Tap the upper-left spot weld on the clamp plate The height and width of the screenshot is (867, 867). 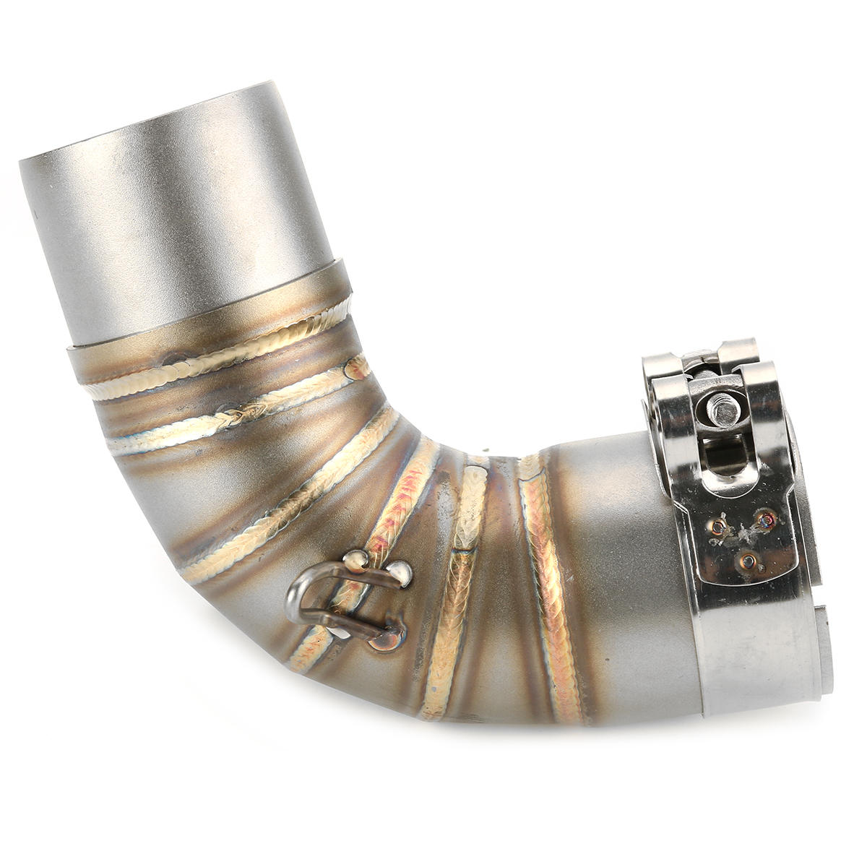click(x=720, y=522)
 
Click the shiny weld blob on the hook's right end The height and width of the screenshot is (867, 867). click(x=400, y=574)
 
